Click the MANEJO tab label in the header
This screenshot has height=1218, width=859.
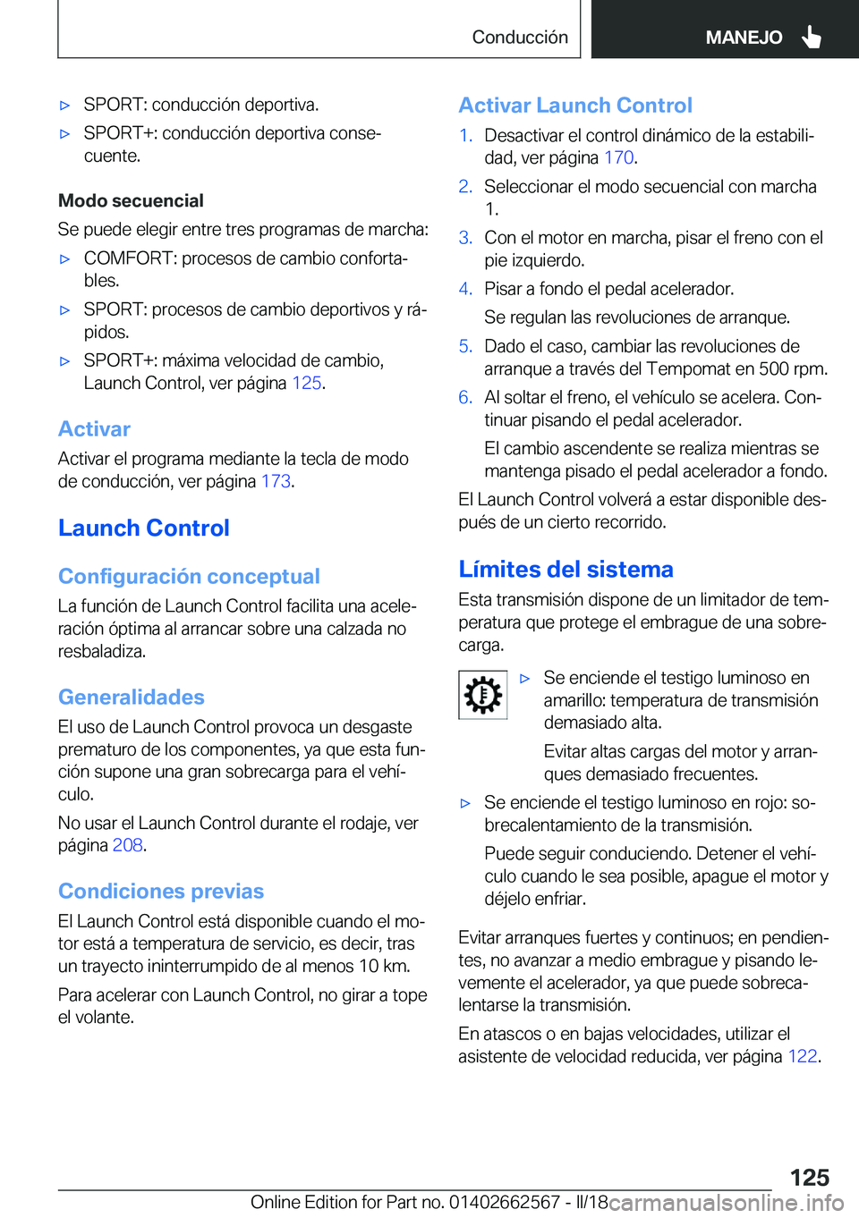[x=744, y=38]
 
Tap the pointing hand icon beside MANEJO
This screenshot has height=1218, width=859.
[x=812, y=37]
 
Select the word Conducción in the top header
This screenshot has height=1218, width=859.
[x=520, y=38]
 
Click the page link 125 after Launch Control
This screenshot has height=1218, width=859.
[x=306, y=384]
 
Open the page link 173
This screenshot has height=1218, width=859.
[x=276, y=481]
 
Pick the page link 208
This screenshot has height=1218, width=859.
[x=127, y=845]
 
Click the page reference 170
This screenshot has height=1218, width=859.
[x=618, y=158]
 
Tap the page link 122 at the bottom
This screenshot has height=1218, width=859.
[x=802, y=1056]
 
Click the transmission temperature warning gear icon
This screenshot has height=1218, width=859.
[x=482, y=695]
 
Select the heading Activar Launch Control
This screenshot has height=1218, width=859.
[x=575, y=106]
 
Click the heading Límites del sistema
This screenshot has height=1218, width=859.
[x=566, y=570]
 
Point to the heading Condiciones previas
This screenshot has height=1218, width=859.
[x=161, y=892]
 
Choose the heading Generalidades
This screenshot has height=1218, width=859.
[x=132, y=698]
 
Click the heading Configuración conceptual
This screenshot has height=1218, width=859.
[x=189, y=577]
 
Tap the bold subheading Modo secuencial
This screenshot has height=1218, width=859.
[x=131, y=201]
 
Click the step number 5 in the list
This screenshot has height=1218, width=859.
[x=464, y=346]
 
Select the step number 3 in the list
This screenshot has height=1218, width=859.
[x=464, y=238]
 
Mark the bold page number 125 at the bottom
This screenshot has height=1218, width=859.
[x=809, y=1177]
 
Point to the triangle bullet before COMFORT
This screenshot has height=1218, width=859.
[x=64, y=259]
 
